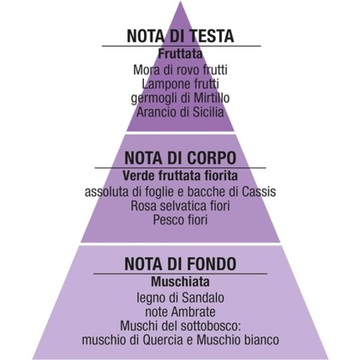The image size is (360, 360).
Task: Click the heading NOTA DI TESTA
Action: point(180,36)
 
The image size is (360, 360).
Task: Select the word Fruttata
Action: point(180,54)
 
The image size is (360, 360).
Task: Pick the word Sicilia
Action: point(207,112)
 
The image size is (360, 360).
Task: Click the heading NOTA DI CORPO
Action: point(180,158)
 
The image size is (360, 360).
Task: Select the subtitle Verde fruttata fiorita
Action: point(180,175)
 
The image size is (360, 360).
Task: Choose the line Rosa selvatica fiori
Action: point(180,206)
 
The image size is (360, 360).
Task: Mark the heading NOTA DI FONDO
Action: point(180,263)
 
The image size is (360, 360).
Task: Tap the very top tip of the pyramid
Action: point(180,2)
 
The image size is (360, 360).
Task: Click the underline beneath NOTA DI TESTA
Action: point(180,46)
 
